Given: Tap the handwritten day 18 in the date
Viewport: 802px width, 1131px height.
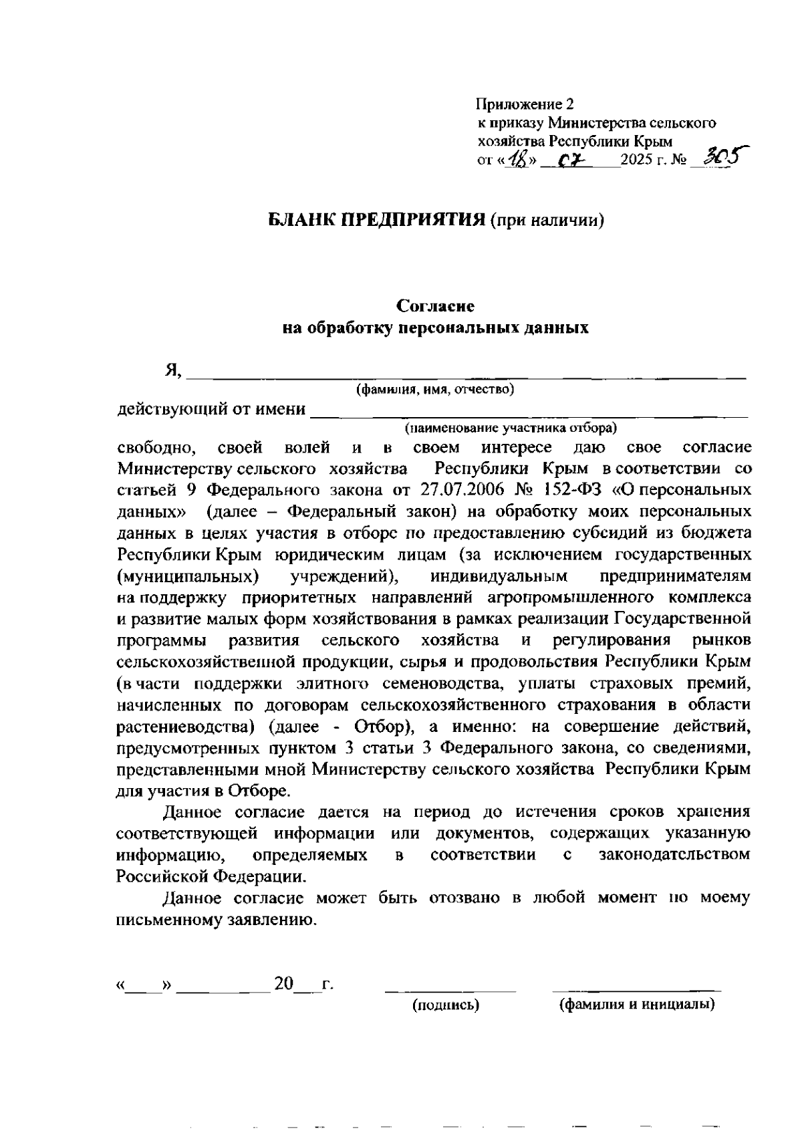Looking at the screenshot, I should (x=516, y=160).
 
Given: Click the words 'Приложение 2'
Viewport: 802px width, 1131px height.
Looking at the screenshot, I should (x=525, y=104).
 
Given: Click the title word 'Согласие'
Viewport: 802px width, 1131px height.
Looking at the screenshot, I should (x=435, y=306).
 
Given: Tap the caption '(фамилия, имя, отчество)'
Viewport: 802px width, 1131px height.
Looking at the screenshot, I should (x=435, y=389).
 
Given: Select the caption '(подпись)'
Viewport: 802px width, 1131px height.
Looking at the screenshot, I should (x=446, y=1005).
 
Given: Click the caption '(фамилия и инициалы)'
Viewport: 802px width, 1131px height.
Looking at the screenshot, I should (x=637, y=1005).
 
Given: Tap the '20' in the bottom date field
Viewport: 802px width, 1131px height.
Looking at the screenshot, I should (x=283, y=985).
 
